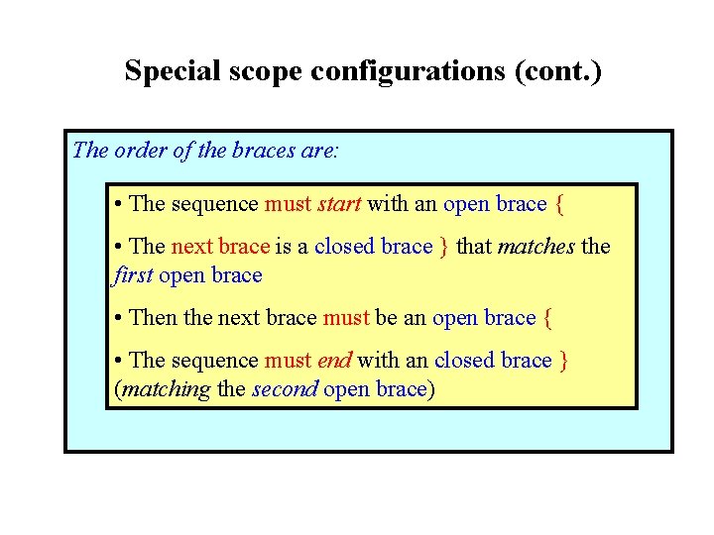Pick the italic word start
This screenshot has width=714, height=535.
pyautogui.click(x=339, y=204)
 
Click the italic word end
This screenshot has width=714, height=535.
pyautogui.click(x=334, y=361)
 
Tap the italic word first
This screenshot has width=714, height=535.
pyautogui.click(x=133, y=274)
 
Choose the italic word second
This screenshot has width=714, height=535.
pyautogui.click(x=285, y=389)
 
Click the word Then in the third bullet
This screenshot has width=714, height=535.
pyautogui.click(x=152, y=318)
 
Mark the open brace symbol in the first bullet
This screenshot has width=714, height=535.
pyautogui.click(x=560, y=205)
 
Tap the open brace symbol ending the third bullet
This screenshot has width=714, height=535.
pyautogui.click(x=548, y=319)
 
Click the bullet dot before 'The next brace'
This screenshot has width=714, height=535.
pyautogui.click(x=118, y=247)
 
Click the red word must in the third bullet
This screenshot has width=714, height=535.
pyautogui.click(x=346, y=318)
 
